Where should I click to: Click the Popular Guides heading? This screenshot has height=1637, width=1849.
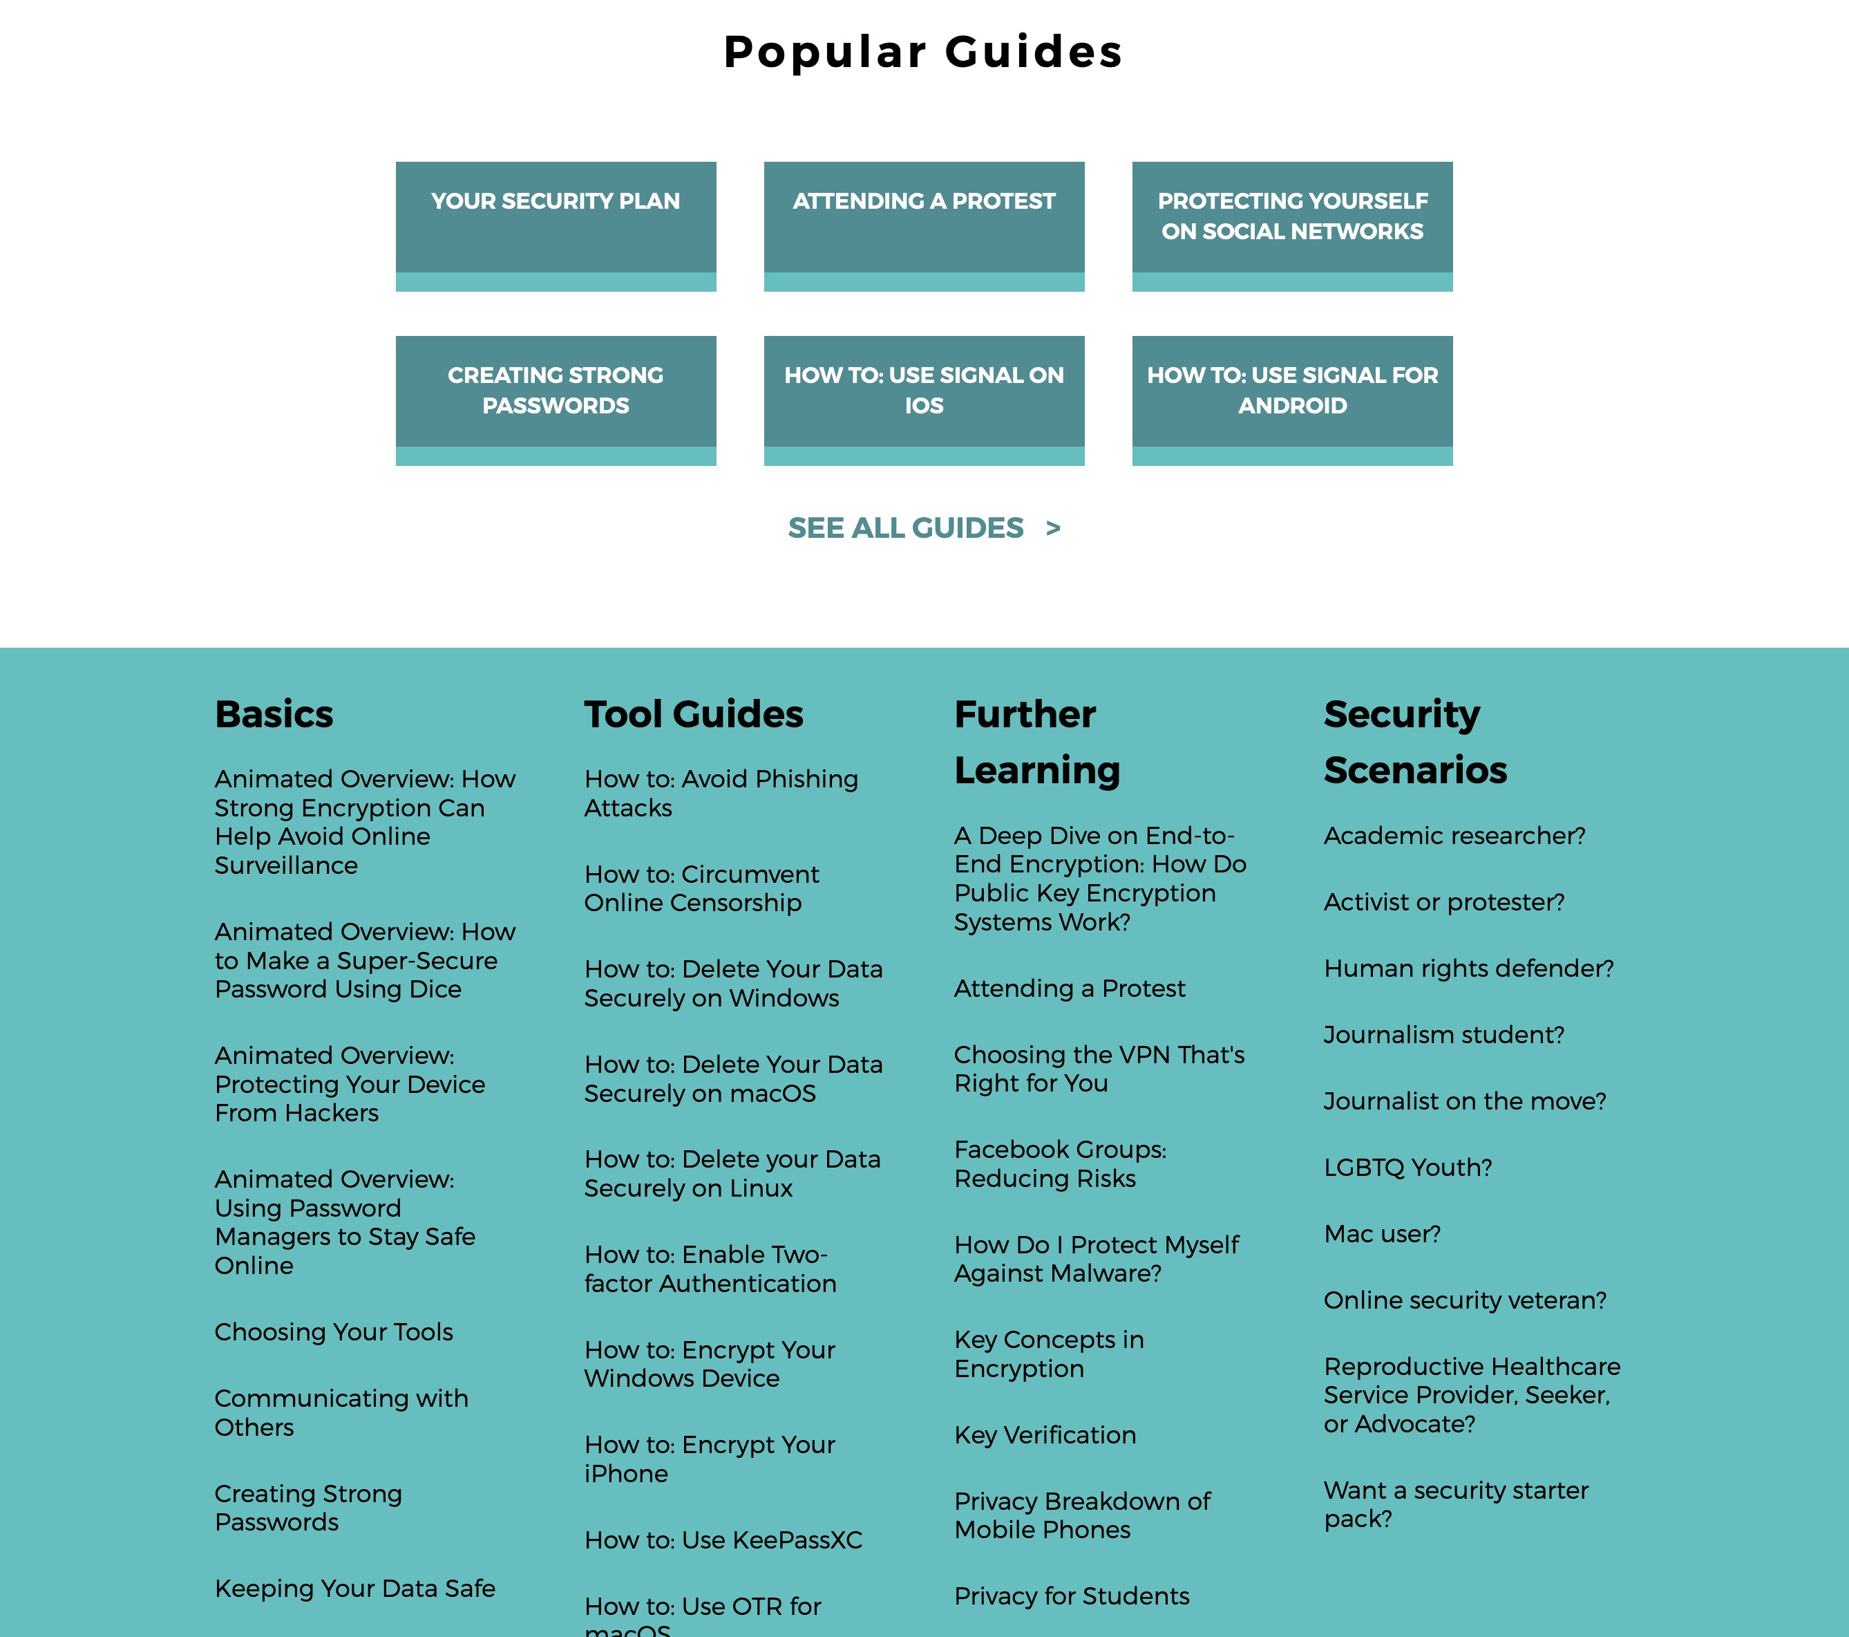[922, 52]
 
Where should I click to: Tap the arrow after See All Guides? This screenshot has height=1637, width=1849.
[1053, 527]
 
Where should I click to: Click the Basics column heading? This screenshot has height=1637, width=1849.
[274, 714]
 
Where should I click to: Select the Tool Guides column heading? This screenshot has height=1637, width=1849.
[693, 714]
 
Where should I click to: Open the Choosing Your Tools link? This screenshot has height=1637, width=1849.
[334, 1332]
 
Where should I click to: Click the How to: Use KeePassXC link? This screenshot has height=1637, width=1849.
[723, 1540]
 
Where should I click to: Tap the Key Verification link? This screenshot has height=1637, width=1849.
[1045, 1435]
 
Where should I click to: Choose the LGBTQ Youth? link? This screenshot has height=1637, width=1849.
[1407, 1168]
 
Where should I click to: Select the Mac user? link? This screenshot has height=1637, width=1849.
[1382, 1234]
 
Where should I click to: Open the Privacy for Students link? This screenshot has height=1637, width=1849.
[1072, 1596]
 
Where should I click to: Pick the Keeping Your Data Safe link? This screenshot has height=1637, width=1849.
[354, 1589]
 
